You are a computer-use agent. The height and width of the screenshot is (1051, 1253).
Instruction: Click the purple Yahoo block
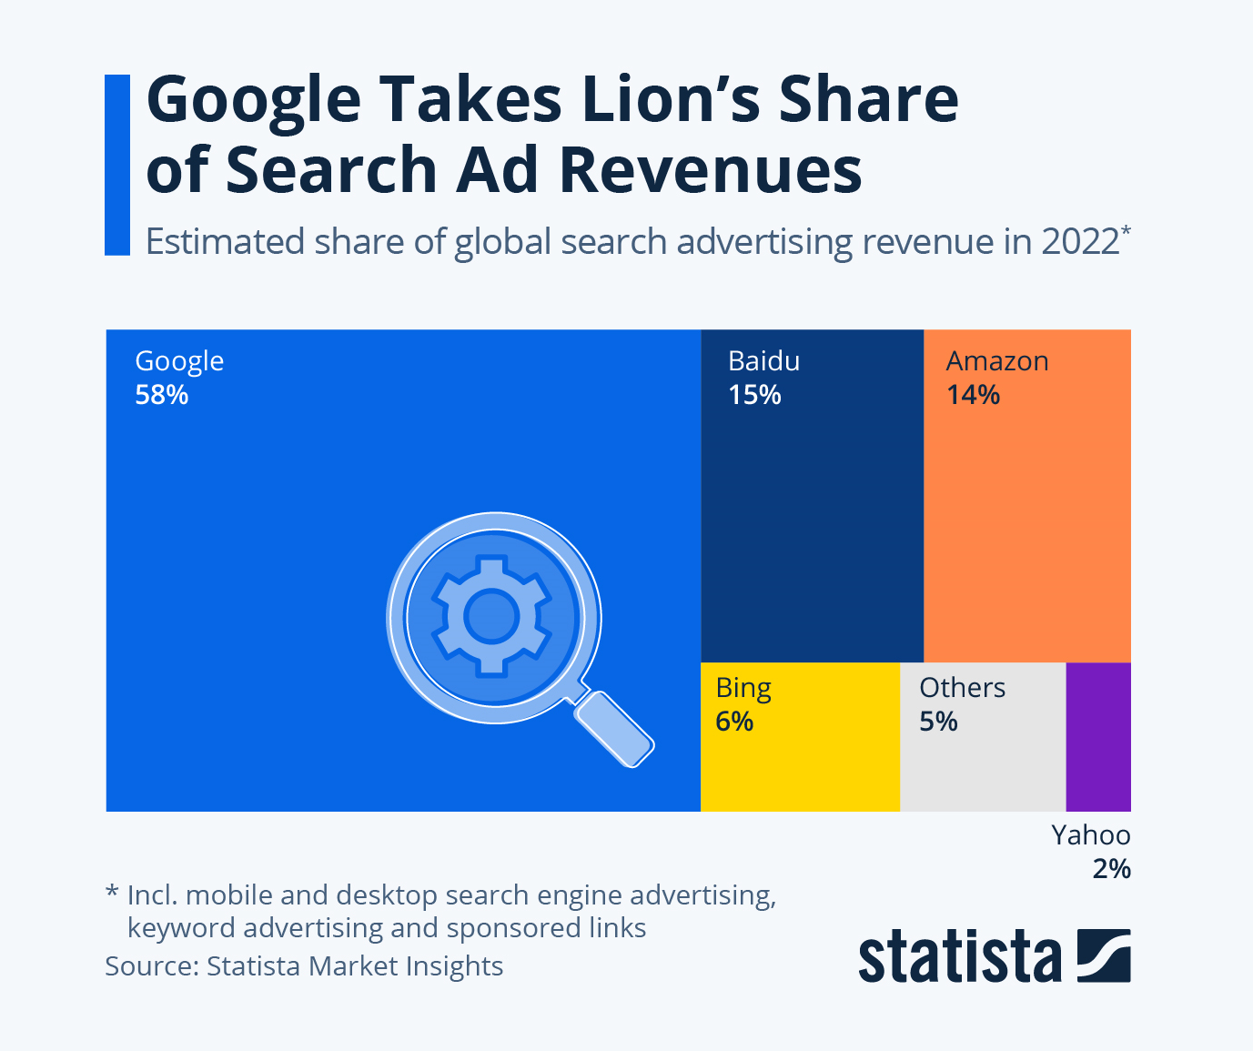click(x=1098, y=736)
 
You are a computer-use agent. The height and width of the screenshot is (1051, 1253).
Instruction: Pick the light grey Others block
click(x=983, y=769)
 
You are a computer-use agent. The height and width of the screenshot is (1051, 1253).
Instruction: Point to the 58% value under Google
click(x=162, y=395)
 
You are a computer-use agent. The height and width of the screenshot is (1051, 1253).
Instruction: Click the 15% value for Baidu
click(x=754, y=395)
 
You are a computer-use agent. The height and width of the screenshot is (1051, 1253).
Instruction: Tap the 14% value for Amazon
click(x=973, y=395)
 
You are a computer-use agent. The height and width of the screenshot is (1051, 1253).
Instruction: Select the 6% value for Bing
click(x=734, y=722)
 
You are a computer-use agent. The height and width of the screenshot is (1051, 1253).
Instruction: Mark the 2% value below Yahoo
click(x=1111, y=869)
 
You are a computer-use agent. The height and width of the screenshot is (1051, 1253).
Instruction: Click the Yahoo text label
click(x=1091, y=834)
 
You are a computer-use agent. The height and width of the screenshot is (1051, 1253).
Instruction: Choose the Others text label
click(x=962, y=688)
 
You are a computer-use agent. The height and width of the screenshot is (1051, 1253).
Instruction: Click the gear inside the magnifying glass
click(x=491, y=616)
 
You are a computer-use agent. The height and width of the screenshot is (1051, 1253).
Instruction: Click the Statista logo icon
click(x=1104, y=955)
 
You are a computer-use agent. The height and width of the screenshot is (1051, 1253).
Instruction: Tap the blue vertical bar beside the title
click(x=117, y=165)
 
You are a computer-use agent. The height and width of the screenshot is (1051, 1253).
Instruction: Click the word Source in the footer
click(x=150, y=965)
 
